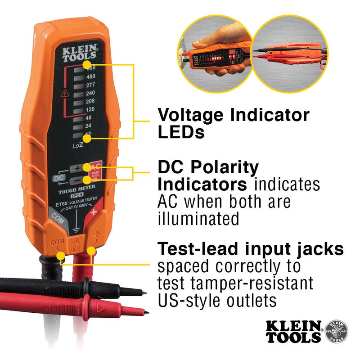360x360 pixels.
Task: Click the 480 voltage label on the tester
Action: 90,76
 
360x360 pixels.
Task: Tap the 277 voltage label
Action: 90,85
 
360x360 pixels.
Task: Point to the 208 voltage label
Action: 90,102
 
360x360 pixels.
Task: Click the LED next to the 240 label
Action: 78,93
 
